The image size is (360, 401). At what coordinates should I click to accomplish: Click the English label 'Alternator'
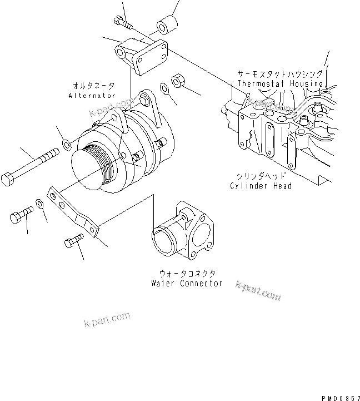click(x=92, y=96)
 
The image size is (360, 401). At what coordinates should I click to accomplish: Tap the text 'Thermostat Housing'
click(x=280, y=83)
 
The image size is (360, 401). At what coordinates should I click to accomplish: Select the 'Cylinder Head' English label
click(x=261, y=186)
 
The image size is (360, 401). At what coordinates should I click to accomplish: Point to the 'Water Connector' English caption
click(x=187, y=283)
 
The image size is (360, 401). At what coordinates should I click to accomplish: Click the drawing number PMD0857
click(x=339, y=397)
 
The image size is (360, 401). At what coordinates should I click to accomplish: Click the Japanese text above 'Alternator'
click(x=93, y=86)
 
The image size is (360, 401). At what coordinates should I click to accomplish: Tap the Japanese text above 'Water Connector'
click(x=187, y=273)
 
